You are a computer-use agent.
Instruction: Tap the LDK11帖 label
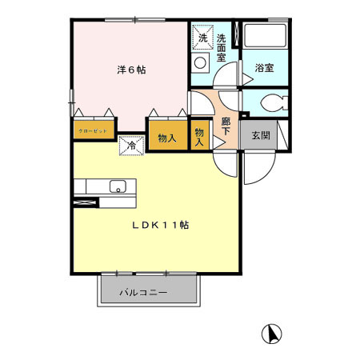pos(160,226)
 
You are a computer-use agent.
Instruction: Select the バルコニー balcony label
pos(144,293)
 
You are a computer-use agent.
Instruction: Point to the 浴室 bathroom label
pos(265,68)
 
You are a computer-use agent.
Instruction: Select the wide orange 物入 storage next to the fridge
pos(166,138)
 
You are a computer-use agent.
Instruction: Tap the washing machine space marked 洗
pos(202,38)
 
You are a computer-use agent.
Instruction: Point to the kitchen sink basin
pos(118,189)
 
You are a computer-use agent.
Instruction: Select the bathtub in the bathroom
pos(265,37)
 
